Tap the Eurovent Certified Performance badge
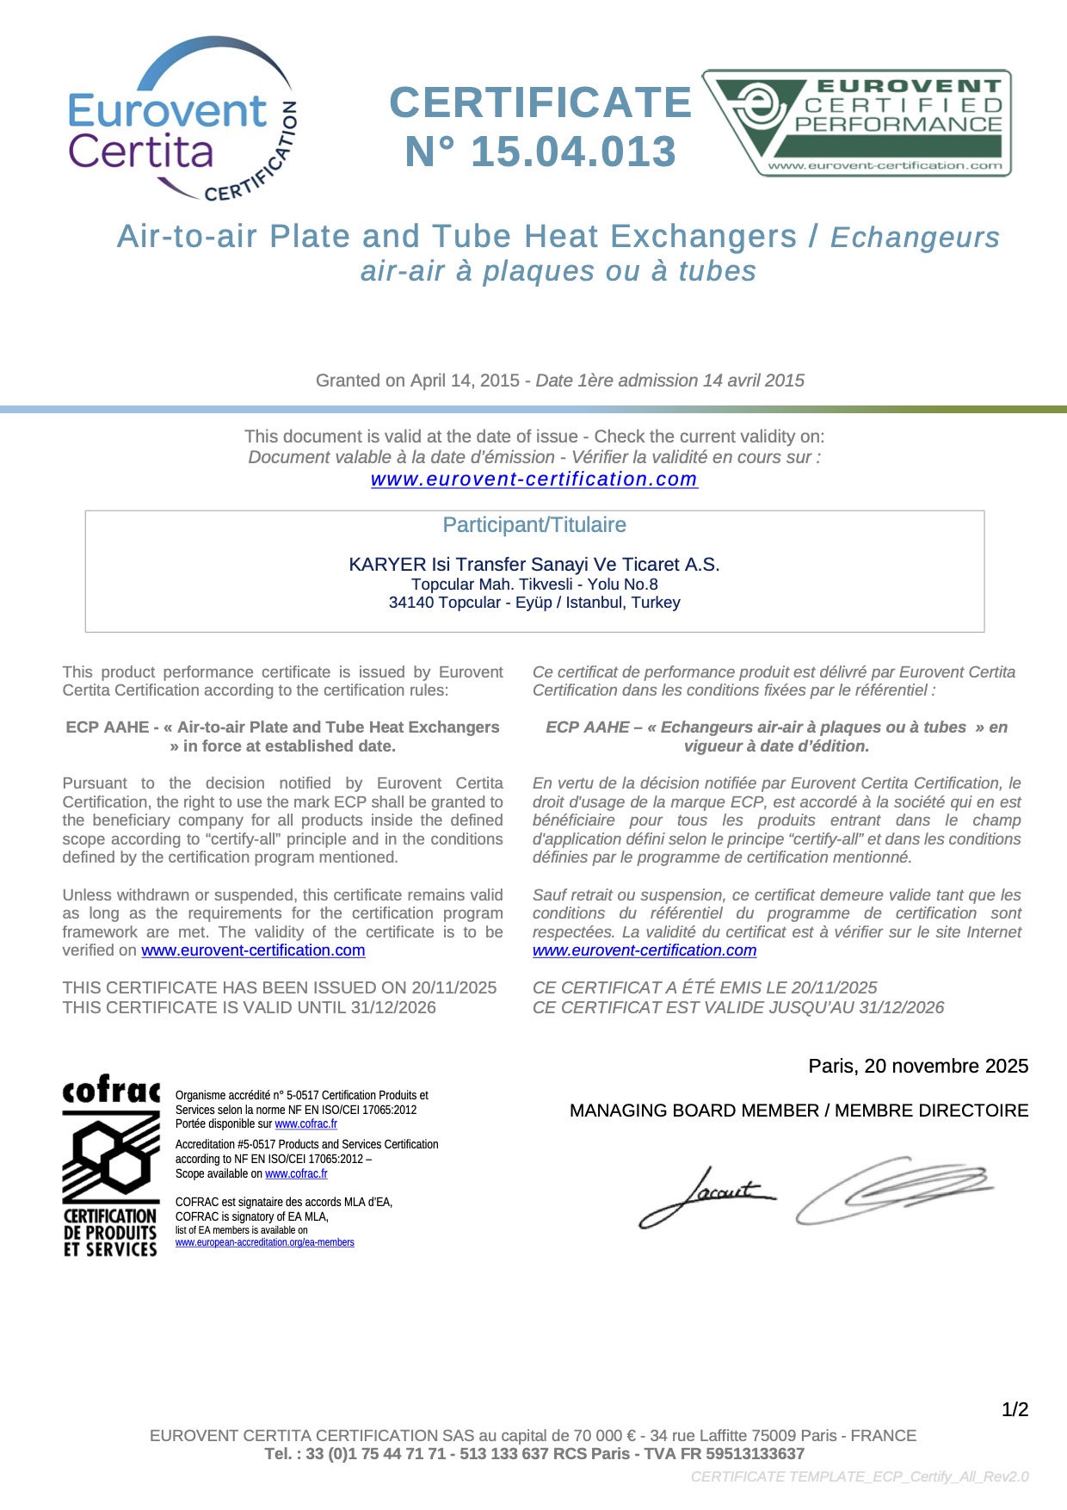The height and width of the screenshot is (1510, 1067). coord(856,123)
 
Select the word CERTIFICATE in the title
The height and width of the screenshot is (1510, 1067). coord(540,103)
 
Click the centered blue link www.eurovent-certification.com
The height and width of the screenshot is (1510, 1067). coord(533,480)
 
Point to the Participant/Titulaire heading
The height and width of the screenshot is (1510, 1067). coord(533,525)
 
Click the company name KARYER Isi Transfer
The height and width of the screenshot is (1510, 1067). coord(533,565)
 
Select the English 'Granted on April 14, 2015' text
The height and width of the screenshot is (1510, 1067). coord(418,381)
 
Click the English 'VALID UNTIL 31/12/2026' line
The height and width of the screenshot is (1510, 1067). coord(250,1007)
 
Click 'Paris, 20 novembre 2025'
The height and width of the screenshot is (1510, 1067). coord(917,1066)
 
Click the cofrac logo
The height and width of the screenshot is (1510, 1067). coord(110,1164)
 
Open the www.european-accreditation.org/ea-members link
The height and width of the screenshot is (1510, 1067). coord(264,1242)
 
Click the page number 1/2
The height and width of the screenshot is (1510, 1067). coord(1015,1409)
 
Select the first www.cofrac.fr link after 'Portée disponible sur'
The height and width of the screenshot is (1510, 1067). coord(305,1123)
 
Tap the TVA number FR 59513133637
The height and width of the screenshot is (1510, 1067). coord(754,1454)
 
